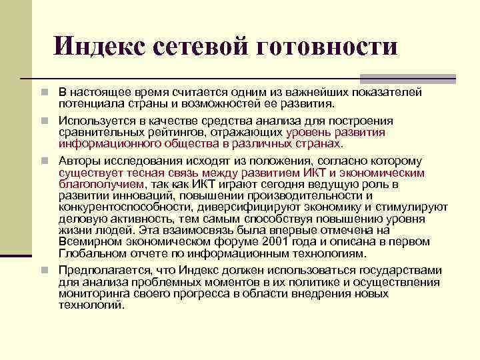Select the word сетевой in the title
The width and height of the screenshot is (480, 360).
click(199, 46)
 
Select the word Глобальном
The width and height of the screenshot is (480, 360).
click(89, 253)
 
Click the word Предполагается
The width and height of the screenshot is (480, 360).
click(103, 269)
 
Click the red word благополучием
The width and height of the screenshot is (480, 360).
click(101, 184)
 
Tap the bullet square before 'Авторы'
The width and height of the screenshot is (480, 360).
click(43, 161)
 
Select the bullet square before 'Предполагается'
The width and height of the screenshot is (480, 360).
click(43, 269)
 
